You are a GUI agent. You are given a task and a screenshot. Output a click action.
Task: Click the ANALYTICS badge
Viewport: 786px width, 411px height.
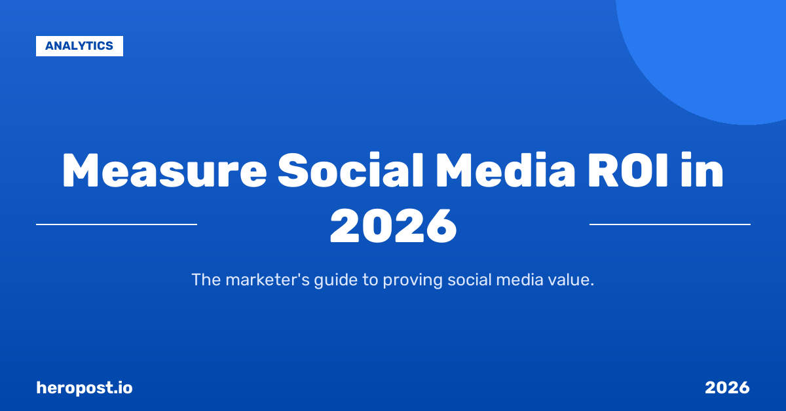[79, 46]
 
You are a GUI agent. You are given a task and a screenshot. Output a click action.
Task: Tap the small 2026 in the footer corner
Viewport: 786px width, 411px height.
[727, 387]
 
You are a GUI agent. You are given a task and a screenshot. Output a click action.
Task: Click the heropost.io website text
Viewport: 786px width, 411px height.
[84, 387]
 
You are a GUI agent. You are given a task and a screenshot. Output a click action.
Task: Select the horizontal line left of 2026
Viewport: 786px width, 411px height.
[117, 224]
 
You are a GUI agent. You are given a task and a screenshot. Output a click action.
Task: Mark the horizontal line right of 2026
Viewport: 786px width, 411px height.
[669, 224]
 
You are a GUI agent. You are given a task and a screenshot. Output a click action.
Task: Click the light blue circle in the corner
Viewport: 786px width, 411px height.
[714, 52]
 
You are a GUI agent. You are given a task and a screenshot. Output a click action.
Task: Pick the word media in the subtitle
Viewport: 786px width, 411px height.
[522, 280]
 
